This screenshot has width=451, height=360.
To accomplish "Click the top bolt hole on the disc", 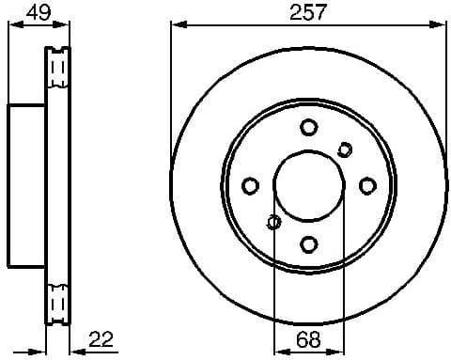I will [x=309, y=128].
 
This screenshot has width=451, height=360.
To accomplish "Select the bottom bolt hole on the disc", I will [x=309, y=244].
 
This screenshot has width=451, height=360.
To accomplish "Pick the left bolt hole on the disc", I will [x=251, y=186].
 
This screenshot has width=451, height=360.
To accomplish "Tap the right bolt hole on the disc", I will [x=367, y=186].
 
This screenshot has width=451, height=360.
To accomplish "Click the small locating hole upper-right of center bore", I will [x=345, y=149].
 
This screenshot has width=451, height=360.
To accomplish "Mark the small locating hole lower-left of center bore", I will [x=273, y=223].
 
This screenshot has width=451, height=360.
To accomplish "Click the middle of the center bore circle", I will [x=309, y=186].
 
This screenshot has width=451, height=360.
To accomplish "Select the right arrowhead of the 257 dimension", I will [x=442, y=26].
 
